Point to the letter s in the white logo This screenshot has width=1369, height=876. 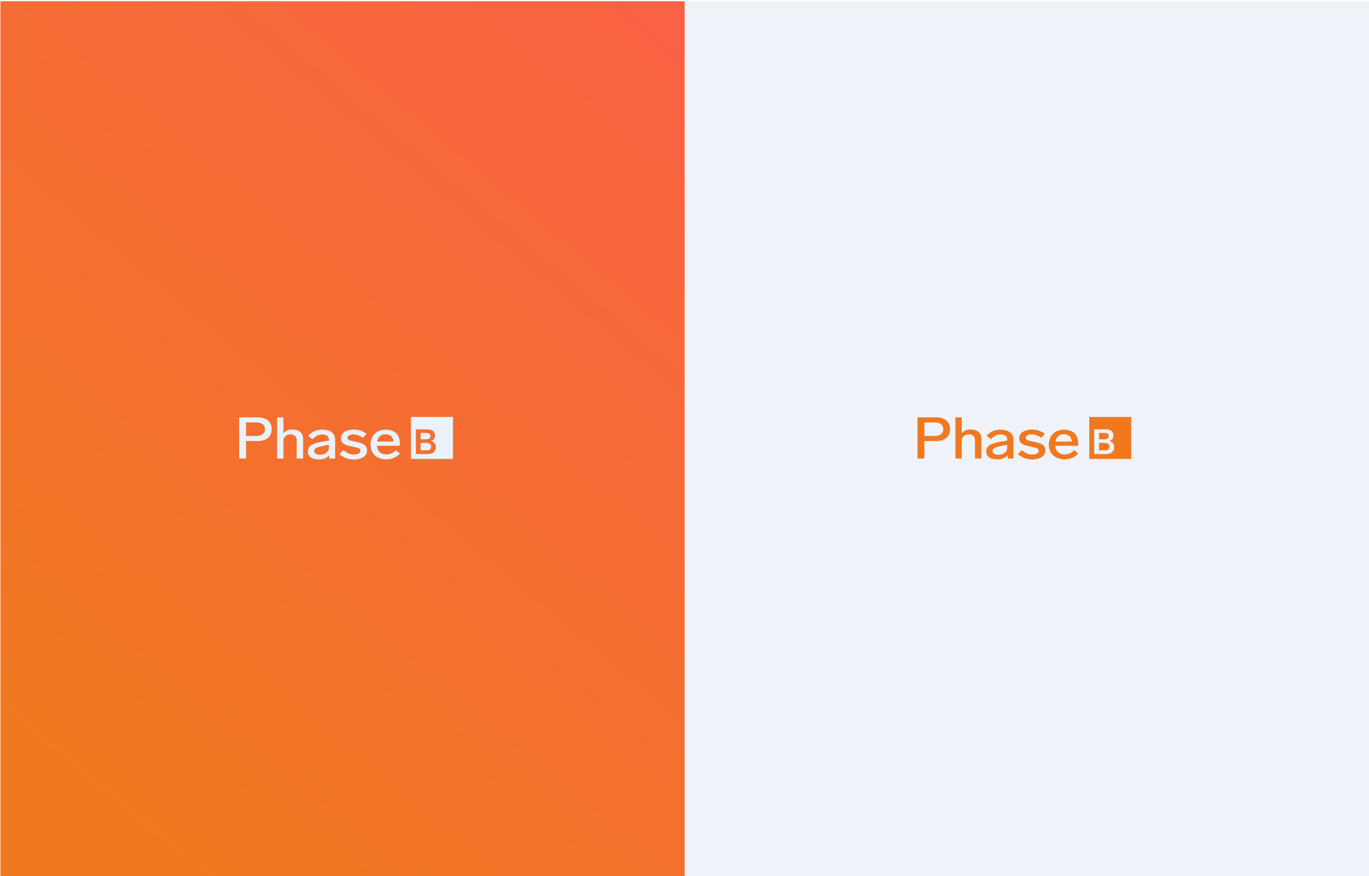tap(354, 444)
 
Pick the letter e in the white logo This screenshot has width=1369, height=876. tap(385, 444)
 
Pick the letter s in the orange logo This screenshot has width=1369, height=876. tap(1032, 444)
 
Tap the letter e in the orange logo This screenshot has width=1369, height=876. tap(1064, 444)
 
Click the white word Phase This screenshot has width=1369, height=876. tap(319, 438)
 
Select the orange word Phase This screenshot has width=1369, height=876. tap(998, 438)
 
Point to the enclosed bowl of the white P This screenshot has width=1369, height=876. tap(255, 430)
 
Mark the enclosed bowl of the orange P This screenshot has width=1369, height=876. tap(934, 430)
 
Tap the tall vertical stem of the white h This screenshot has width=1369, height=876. tap(280, 437)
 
